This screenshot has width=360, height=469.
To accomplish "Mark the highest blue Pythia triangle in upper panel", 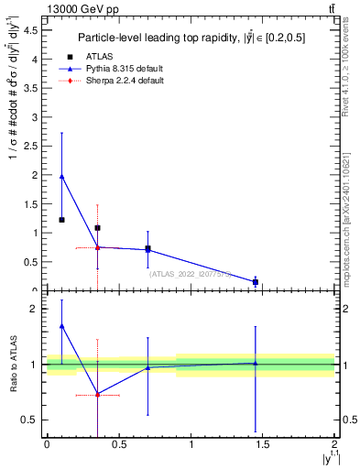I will (x=61, y=176).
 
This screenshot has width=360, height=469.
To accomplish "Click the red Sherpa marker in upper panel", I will (x=98, y=247).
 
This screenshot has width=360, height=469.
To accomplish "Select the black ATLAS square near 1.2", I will (x=61, y=220).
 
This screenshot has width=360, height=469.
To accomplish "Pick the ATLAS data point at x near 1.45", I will (x=256, y=282).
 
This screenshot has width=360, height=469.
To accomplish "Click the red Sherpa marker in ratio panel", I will (x=98, y=395).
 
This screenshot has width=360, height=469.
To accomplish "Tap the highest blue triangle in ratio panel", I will (x=61, y=325).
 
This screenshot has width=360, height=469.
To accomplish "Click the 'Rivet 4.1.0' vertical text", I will (x=346, y=73).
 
